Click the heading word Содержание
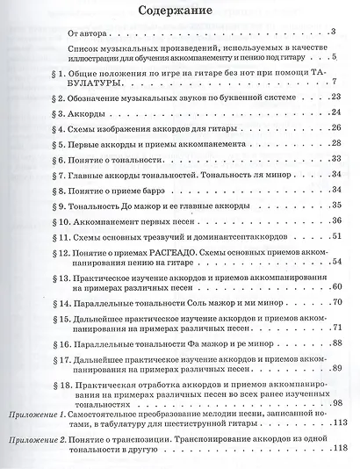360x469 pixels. click(x=181, y=10)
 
